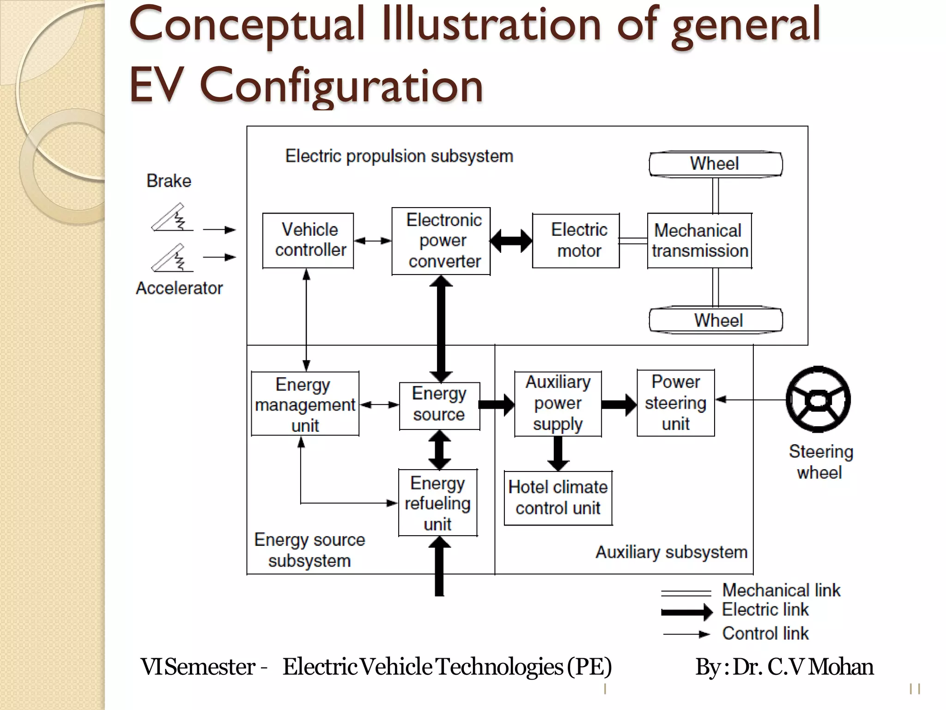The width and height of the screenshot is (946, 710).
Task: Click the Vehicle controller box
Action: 308,240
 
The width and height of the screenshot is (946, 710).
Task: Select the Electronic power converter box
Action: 441,241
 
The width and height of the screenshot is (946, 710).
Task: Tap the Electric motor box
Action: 576,240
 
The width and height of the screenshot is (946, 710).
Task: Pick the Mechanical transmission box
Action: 699,240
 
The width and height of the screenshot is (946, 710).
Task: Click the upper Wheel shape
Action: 716,164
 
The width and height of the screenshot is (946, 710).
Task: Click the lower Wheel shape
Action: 716,320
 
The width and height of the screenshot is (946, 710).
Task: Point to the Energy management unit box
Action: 305,404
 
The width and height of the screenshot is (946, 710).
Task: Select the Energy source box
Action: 439,405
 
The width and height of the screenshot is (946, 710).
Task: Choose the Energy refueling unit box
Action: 438,503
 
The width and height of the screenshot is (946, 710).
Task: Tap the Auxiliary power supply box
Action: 558,404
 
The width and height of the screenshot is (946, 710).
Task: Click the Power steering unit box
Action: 676,403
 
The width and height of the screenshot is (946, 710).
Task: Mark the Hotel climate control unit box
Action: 558,498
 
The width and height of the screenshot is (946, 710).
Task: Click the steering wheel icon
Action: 818,399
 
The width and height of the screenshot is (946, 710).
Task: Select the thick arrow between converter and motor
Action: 511,241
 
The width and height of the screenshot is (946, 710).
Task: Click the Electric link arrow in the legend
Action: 686,612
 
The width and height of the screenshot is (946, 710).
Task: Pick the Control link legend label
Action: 765,633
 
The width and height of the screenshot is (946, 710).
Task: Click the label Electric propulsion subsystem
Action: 399,156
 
